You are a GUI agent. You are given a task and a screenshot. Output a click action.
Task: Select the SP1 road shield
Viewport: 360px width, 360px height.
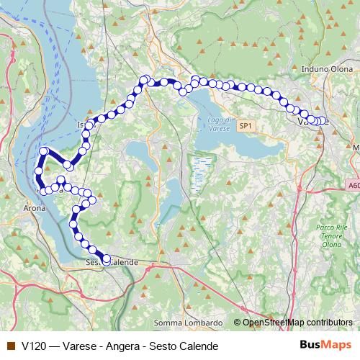[246, 126]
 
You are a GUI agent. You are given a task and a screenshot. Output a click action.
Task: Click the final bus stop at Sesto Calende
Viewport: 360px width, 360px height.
[107, 261]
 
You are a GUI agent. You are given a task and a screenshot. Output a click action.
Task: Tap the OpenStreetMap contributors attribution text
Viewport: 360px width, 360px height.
[297, 322]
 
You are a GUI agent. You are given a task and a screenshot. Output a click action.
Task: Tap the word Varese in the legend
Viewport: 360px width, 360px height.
[78, 346]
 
